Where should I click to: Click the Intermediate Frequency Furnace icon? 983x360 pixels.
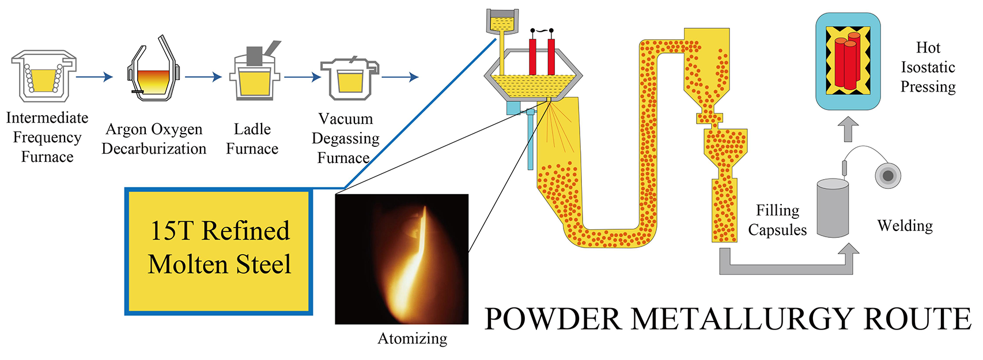click(x=43, y=75)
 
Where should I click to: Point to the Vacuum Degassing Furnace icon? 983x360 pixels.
click(x=349, y=78)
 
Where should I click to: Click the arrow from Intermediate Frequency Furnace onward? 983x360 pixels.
click(x=94, y=76)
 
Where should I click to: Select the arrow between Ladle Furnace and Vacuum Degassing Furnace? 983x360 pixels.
click(x=302, y=76)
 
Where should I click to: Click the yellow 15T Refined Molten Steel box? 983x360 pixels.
click(x=219, y=251)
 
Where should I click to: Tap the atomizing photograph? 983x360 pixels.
click(x=402, y=259)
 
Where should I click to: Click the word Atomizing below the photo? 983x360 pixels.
click(x=412, y=339)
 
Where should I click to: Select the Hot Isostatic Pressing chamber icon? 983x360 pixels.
click(x=848, y=61)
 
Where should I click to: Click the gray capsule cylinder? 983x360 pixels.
click(x=833, y=209)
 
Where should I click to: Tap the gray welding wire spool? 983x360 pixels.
click(x=887, y=175)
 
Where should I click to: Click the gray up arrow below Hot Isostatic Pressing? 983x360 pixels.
click(x=848, y=129)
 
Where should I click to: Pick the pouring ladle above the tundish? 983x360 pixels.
click(x=502, y=22)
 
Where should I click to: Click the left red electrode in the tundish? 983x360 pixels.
click(x=532, y=56)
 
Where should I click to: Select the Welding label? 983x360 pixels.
click(x=905, y=226)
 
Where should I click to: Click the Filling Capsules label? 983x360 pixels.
click(x=777, y=220)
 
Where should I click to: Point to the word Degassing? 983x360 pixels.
click(x=345, y=138)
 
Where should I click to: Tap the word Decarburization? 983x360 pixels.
click(x=154, y=149)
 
